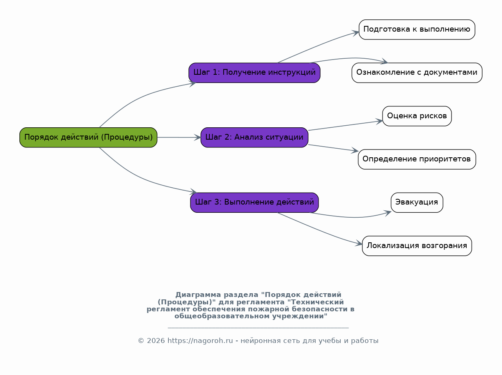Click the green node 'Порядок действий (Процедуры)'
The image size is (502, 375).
pyautogui.click(x=88, y=137)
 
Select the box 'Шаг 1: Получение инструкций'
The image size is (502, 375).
pyautogui.click(x=254, y=73)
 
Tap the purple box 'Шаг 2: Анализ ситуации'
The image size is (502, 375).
pyautogui.click(x=254, y=137)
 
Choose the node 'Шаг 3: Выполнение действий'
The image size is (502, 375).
pyautogui.click(x=254, y=202)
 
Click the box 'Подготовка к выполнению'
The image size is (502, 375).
pyautogui.click(x=417, y=30)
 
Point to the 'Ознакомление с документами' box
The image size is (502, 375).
pyautogui.click(x=417, y=73)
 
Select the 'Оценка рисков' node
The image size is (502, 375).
pyautogui.click(x=417, y=116)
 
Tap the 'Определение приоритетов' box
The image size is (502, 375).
pyautogui.click(x=417, y=159)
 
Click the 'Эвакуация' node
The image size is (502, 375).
pyautogui.click(x=417, y=202)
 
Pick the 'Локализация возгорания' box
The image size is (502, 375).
pyautogui.click(x=417, y=246)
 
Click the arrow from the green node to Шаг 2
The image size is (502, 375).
pyautogui.click(x=179, y=137)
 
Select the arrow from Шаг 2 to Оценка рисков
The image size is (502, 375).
pyautogui.click(x=345, y=126)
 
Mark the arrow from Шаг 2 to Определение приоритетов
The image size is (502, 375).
pyautogui.click(x=333, y=148)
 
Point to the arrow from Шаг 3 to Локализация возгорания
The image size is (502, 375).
pyautogui.click(x=319, y=230)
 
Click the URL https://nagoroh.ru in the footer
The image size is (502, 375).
pyautogui.click(x=200, y=340)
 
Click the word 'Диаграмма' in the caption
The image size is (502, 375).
pyautogui.click(x=198, y=294)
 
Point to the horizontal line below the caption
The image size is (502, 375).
pyautogui.click(x=258, y=328)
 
